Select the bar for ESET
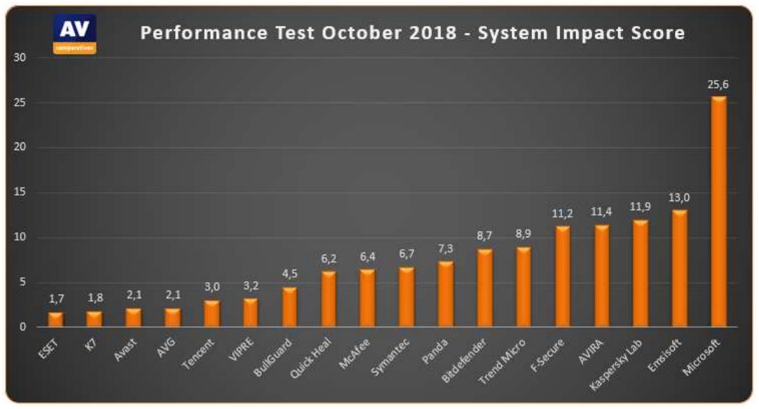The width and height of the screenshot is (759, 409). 55,319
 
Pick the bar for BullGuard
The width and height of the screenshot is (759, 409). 289,307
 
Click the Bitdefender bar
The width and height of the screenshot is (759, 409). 485,288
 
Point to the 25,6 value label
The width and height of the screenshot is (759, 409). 718,85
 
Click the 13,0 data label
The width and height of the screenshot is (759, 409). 679,199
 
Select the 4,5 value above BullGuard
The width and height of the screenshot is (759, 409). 289,275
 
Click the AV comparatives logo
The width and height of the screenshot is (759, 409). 75,33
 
